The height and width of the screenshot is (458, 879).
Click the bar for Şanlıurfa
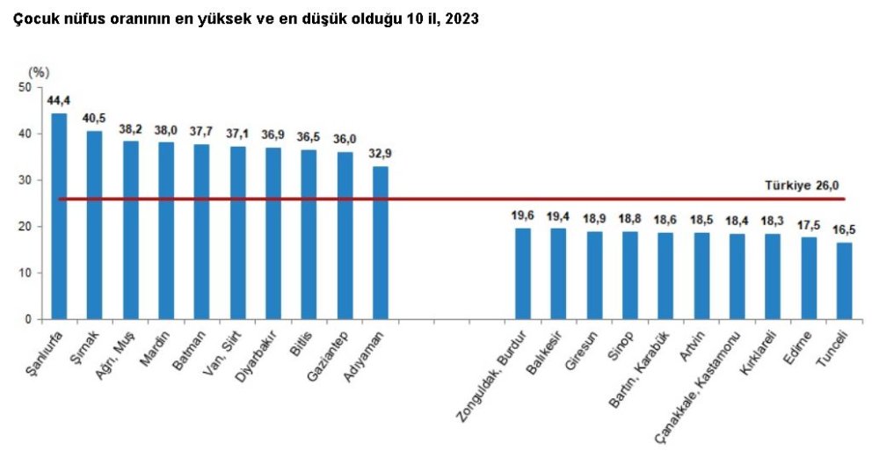pos(59,215)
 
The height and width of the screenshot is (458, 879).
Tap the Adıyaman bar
pos(381,243)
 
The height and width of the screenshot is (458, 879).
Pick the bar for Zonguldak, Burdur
pos(523,273)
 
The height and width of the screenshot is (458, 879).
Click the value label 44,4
pos(59,100)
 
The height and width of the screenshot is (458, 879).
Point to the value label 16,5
pos(845,229)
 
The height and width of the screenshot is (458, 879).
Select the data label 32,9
pos(381,153)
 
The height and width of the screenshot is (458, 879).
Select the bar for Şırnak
pos(94,224)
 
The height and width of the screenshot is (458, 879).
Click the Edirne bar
pos(809,278)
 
